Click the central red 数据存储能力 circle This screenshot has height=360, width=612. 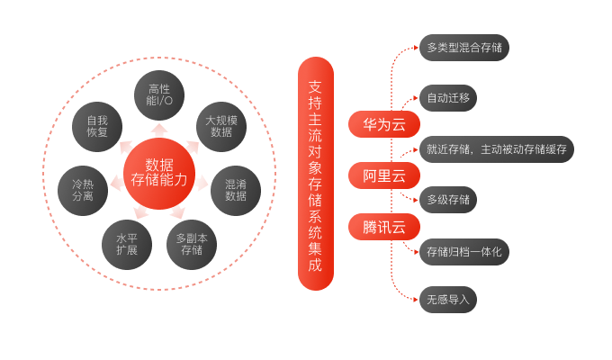tap(159, 171)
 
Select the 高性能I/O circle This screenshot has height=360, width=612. tap(159, 96)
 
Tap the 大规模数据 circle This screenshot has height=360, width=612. tap(221, 126)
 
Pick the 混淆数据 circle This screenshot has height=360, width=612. tap(236, 189)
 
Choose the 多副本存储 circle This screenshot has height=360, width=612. tap(192, 244)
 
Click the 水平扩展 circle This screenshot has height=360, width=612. tap(127, 244)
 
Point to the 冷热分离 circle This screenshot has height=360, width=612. tap(83, 190)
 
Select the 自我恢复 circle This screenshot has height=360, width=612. tap(97, 126)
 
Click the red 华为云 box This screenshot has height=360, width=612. tap(384, 124)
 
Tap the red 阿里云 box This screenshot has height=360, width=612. tap(384, 175)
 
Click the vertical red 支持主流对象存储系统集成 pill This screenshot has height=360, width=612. tap(315, 174)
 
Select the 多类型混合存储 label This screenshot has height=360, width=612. tap(464, 47)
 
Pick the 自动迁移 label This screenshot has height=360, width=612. tap(447, 98)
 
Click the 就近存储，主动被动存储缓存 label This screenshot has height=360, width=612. tap(496, 149)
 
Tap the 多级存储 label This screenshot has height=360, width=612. tap(447, 200)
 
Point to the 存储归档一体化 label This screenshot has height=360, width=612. tap(464, 251)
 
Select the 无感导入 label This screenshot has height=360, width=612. tap(447, 300)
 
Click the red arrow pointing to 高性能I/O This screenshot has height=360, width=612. tap(159, 130)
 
